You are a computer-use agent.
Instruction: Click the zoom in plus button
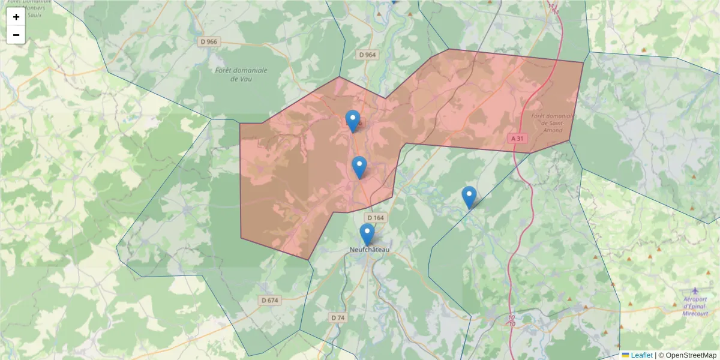16,17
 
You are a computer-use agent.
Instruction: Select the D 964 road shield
367,55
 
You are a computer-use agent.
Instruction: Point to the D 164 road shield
375,218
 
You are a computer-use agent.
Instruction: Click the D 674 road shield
271,300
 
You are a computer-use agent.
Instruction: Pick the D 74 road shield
338,317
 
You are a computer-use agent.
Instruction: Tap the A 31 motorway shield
517,139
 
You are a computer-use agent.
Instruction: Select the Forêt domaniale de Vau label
241,74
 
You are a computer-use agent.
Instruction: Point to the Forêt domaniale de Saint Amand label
547,123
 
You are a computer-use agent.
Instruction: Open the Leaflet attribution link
641,355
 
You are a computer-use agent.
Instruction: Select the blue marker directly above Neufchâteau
367,234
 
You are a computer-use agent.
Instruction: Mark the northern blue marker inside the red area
353,121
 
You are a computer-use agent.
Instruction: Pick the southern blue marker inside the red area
359,167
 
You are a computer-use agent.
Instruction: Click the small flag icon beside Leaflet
625,355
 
